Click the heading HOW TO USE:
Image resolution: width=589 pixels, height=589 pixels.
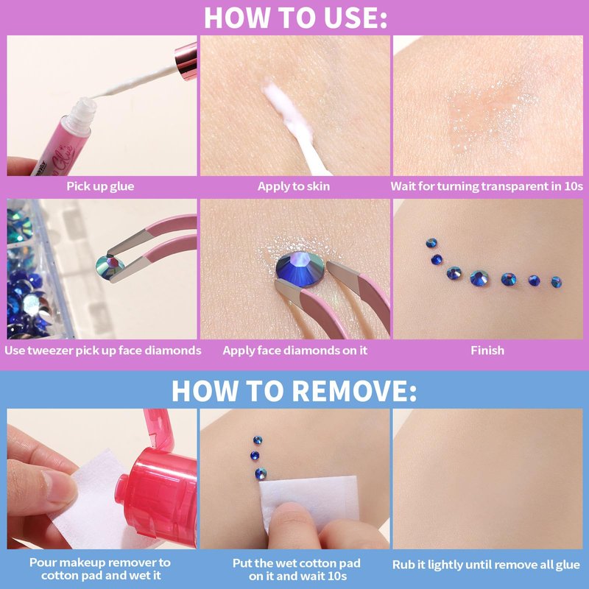click(x=295, y=17)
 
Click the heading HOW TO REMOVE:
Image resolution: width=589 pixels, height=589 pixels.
click(x=294, y=391)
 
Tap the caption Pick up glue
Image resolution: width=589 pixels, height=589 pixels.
click(x=100, y=186)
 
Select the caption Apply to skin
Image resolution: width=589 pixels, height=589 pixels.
click(x=294, y=186)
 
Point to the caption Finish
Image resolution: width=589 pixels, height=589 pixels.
click(x=487, y=350)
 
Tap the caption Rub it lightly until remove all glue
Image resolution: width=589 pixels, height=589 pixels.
click(x=486, y=565)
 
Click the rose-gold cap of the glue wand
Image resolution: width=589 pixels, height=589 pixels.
click(x=186, y=61)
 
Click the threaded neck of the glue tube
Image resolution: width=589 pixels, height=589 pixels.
click(x=82, y=113)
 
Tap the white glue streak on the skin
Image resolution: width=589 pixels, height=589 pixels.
click(x=287, y=111)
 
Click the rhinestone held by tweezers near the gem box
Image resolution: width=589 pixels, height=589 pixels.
click(x=110, y=267)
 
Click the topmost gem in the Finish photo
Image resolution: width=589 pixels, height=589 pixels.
click(x=431, y=243)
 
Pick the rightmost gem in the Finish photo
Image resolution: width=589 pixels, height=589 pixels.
click(x=557, y=282)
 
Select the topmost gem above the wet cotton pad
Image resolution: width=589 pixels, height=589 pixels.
click(x=257, y=440)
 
